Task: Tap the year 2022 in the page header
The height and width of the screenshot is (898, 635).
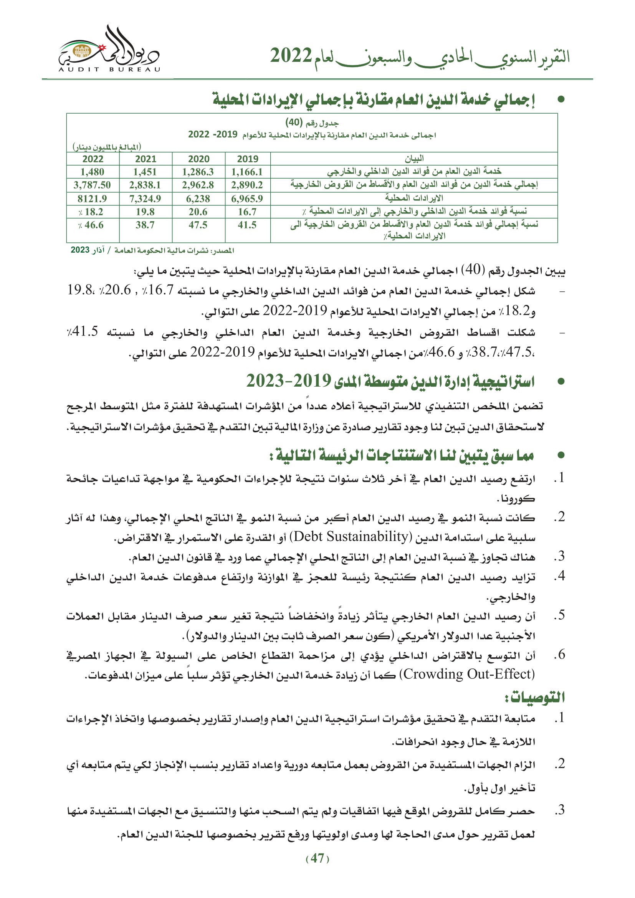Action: pyautogui.click(x=291, y=56)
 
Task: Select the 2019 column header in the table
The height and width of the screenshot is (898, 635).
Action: pyautogui.click(x=248, y=159)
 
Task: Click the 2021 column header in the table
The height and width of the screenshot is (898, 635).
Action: pyautogui.click(x=146, y=159)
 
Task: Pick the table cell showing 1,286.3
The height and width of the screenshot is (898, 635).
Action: pyautogui.click(x=198, y=172)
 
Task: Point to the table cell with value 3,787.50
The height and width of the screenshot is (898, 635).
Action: pyautogui.click(x=92, y=185)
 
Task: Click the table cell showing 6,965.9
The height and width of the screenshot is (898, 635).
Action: pyautogui.click(x=247, y=199)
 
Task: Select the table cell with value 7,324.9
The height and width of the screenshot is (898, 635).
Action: pyautogui.click(x=145, y=199)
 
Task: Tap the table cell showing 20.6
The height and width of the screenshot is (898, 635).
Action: pyautogui.click(x=198, y=212)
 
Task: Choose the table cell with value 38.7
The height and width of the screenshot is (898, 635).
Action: pyautogui.click(x=145, y=225)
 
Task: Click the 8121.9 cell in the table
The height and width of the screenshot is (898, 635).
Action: pyautogui.click(x=92, y=199)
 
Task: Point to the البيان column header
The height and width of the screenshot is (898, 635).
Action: pyautogui.click(x=414, y=159)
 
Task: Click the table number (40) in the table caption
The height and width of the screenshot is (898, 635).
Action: pyautogui.click(x=294, y=122)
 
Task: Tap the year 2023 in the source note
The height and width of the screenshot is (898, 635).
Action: pyautogui.click(x=80, y=250)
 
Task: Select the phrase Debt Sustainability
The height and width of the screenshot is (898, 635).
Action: pyautogui.click(x=351, y=536)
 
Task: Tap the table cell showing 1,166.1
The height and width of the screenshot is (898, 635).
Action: pyautogui.click(x=247, y=172)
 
